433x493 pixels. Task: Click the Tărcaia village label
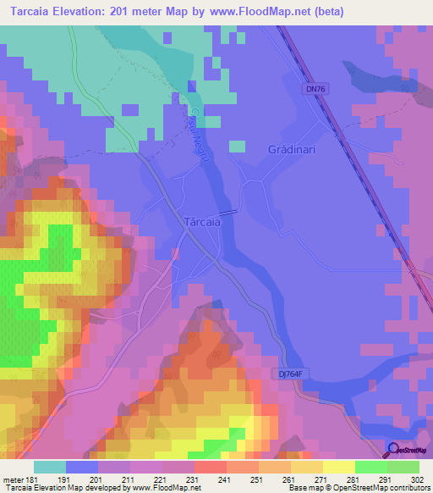coord(201,222)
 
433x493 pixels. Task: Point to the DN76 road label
coord(314,88)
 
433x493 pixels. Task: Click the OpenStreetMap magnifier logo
coord(393,451)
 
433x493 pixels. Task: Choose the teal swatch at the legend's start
coord(50,467)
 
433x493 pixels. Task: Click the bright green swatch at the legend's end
coord(403,467)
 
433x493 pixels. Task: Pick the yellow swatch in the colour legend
coord(339,467)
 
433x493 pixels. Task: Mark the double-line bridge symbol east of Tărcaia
coord(228,213)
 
